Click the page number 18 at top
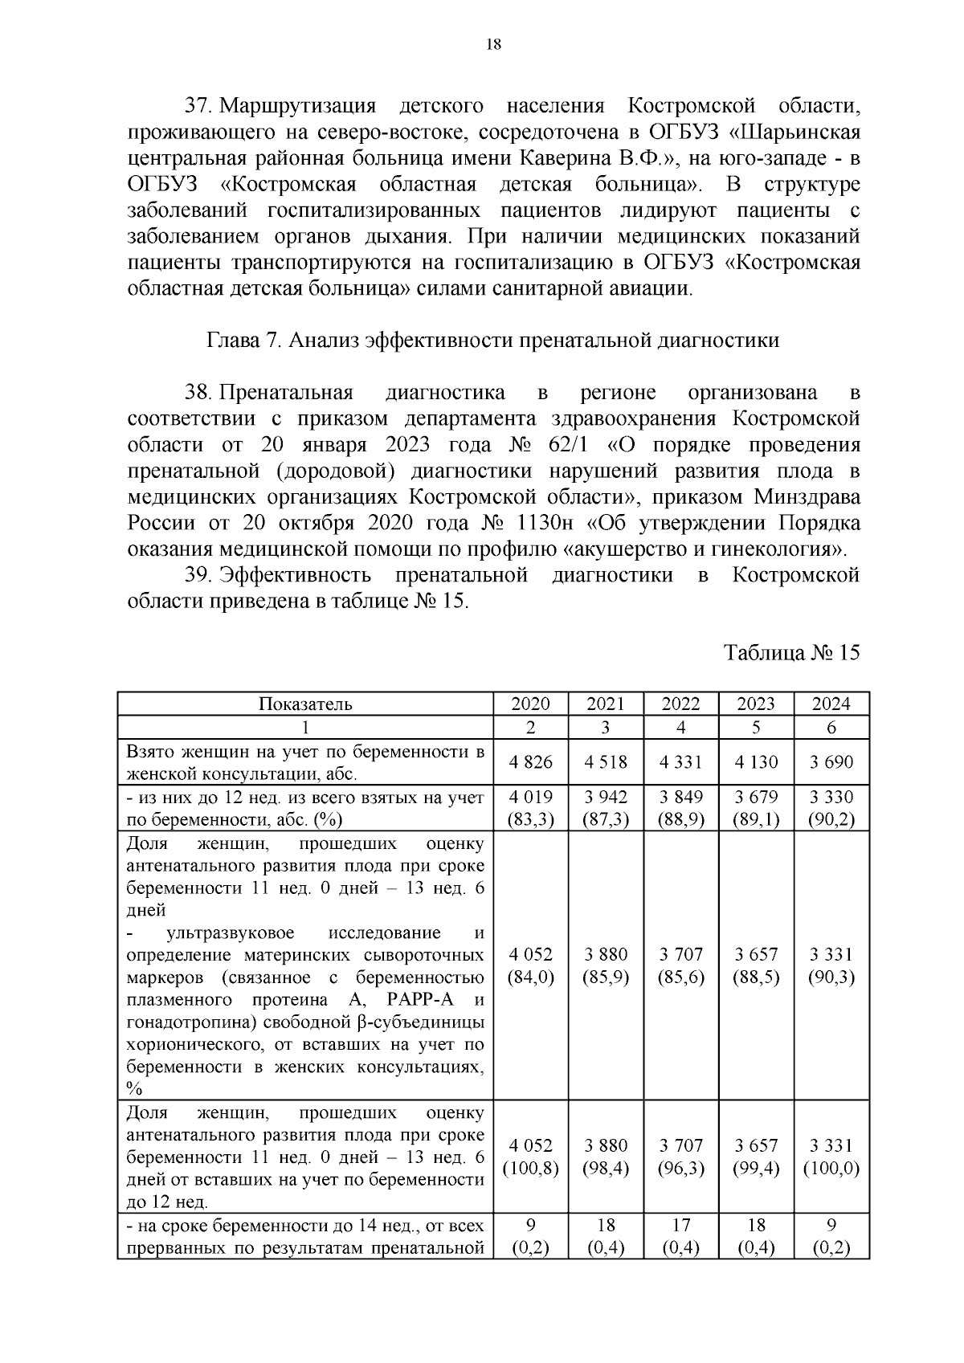coord(493,45)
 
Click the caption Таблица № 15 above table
coord(791,652)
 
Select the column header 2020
coord(530,704)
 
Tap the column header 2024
coord(831,704)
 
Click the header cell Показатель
coord(305,704)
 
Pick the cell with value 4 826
coord(530,761)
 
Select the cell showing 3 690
coord(831,761)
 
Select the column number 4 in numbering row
coord(680,728)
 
